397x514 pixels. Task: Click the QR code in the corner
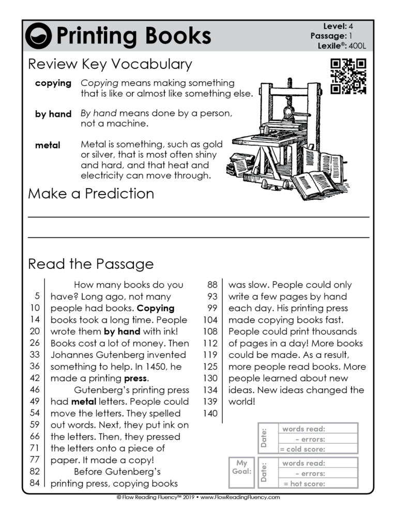click(x=348, y=77)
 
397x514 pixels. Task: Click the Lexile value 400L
click(x=357, y=46)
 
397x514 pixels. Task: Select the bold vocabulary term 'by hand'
click(x=53, y=114)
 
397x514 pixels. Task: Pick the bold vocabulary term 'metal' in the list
click(x=48, y=145)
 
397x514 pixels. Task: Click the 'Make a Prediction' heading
click(x=91, y=194)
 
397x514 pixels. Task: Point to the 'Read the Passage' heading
click(x=91, y=264)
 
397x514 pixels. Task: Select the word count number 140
click(x=210, y=413)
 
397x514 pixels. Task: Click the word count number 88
click(x=212, y=285)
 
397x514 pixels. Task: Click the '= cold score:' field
click(x=302, y=449)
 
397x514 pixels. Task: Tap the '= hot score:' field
click(x=304, y=484)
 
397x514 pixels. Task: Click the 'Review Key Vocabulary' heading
click(x=110, y=64)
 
